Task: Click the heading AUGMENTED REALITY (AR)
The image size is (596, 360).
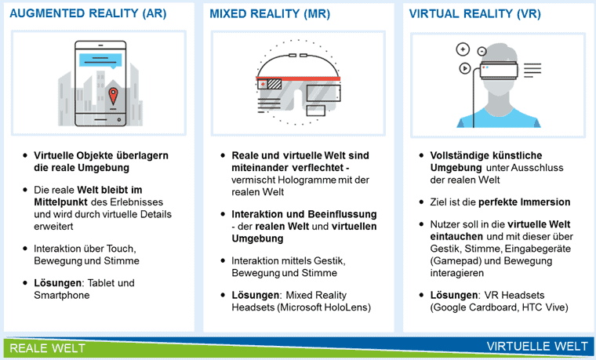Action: coord(88,13)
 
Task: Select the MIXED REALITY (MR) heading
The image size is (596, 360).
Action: coord(270,13)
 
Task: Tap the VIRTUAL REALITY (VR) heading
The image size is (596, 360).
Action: coord(474,13)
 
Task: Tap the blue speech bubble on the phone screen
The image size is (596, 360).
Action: coord(100,61)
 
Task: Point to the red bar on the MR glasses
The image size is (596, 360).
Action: coord(298,78)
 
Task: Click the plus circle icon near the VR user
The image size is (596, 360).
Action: coord(463,49)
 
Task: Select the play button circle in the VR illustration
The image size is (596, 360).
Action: coord(465,68)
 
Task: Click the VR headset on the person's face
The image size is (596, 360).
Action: coord(499,71)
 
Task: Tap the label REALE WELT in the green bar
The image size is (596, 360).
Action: coord(47,348)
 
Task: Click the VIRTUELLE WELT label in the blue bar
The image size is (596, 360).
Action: coord(537,347)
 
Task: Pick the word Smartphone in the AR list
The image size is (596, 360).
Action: coord(62,295)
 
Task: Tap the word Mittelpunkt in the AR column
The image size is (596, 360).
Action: coord(61,202)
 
